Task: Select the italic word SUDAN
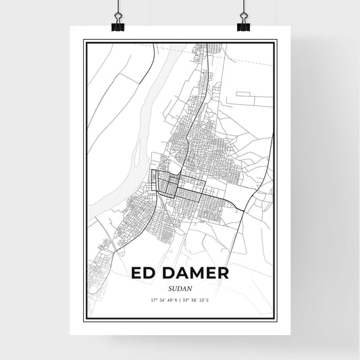179,288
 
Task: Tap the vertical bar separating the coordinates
180,299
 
